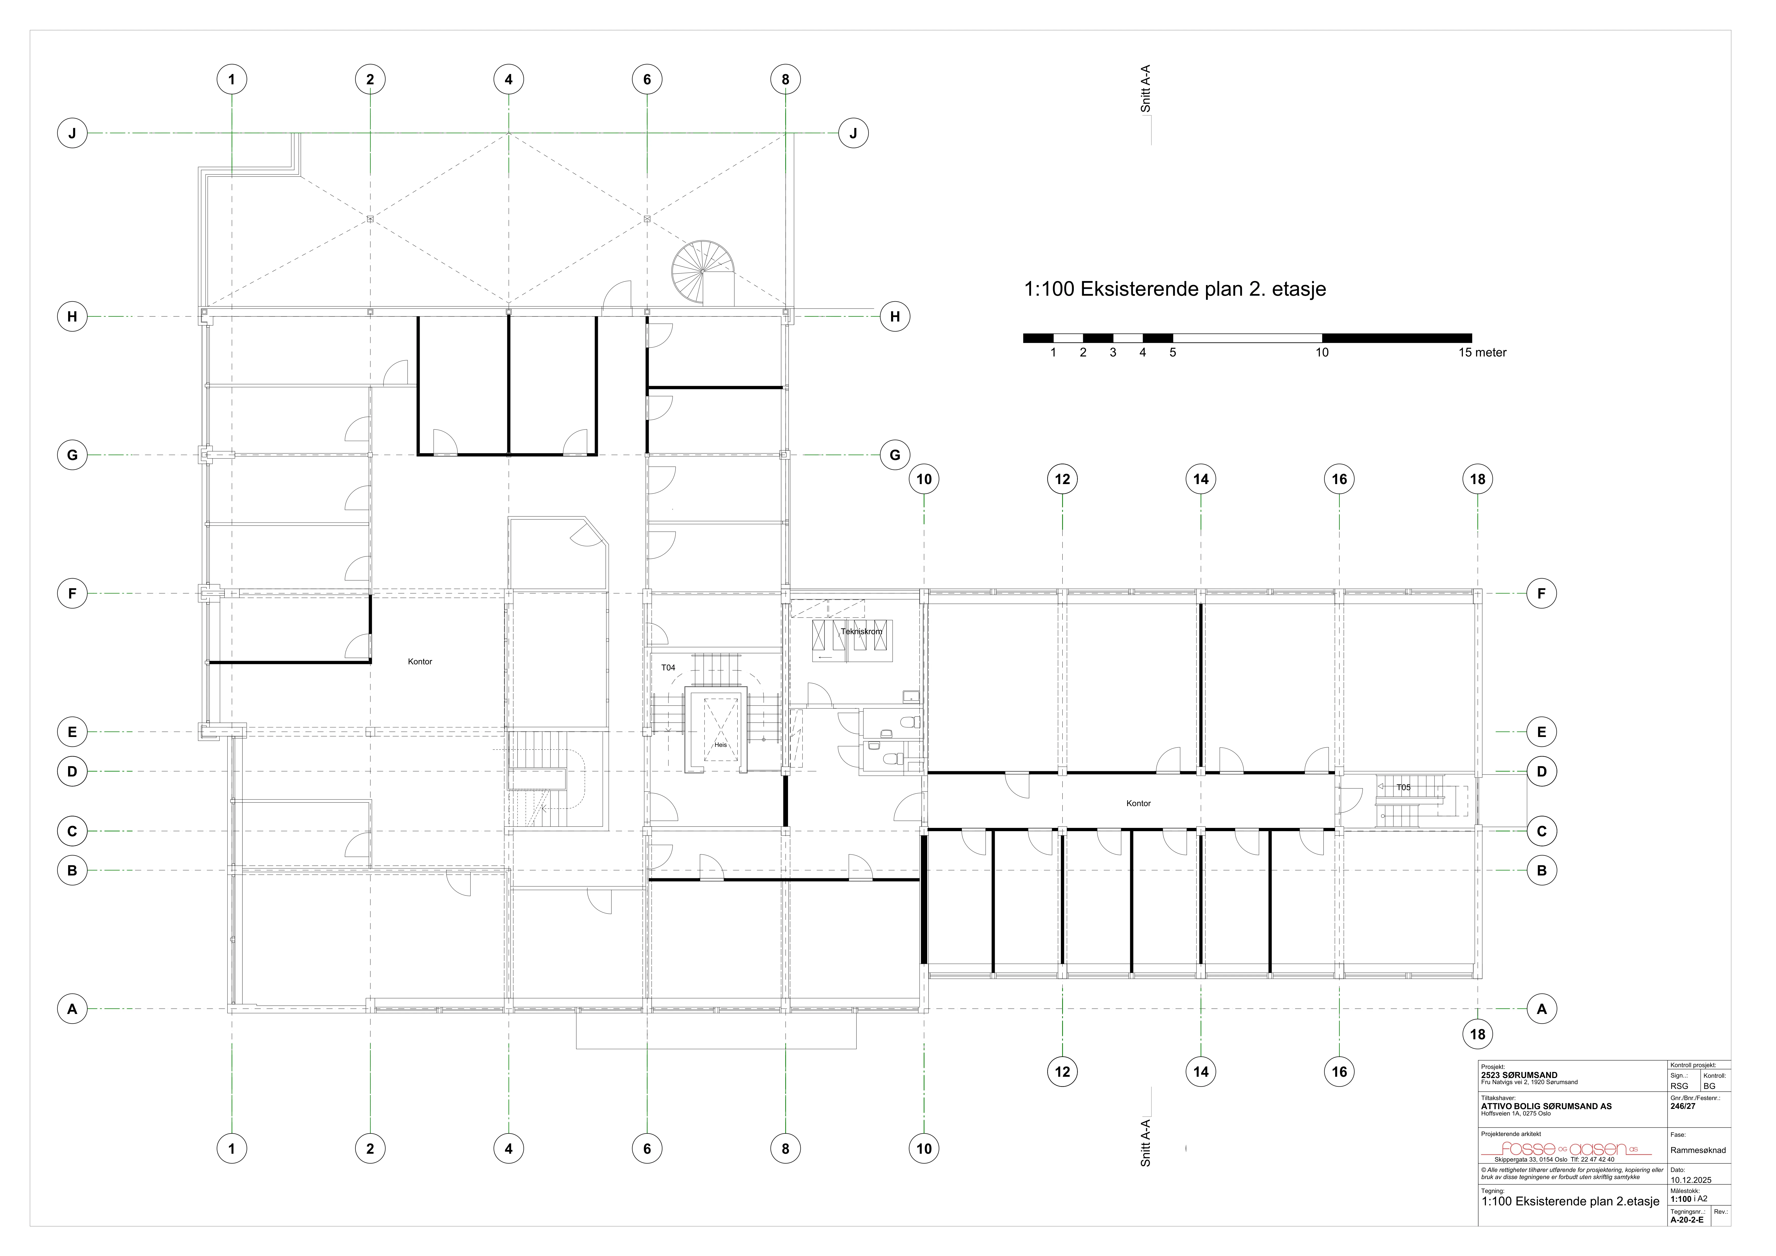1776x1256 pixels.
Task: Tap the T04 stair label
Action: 668,668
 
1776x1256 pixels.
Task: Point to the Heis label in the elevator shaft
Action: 721,745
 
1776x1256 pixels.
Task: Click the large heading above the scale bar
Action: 1175,289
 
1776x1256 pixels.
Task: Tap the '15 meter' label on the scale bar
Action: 1483,353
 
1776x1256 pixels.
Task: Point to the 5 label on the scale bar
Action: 1173,353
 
